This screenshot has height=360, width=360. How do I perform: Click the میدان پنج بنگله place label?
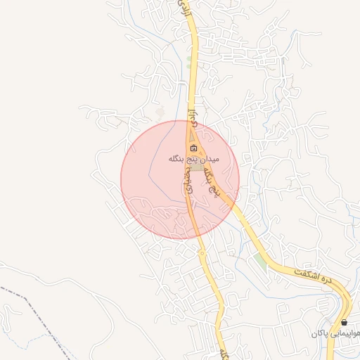(195, 159)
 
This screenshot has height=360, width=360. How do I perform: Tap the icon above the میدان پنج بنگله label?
(194, 148)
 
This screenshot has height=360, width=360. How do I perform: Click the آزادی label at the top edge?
(184, 9)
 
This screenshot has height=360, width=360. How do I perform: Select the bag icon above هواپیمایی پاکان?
(344, 322)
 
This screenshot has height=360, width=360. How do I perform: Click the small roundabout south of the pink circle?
(202, 252)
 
